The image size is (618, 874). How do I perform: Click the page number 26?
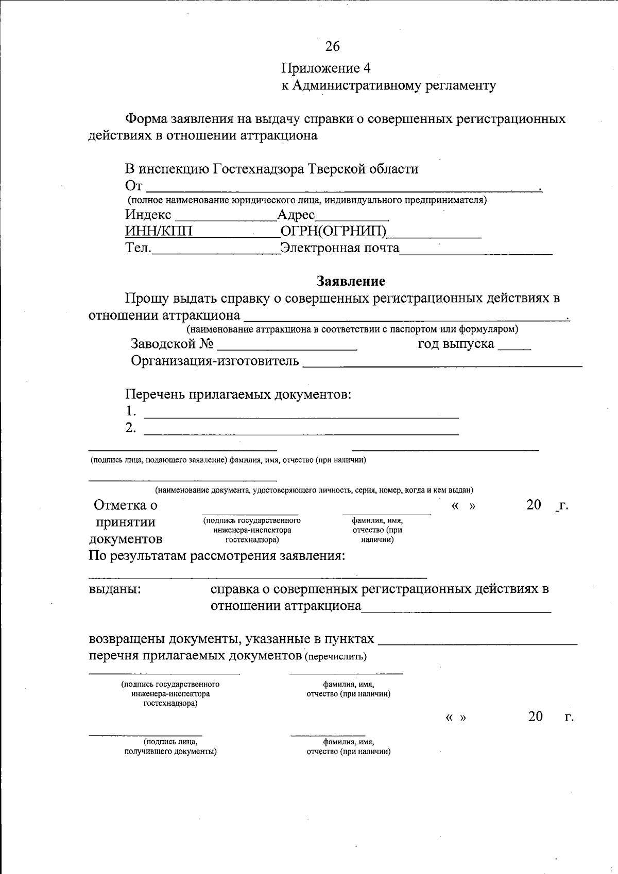tap(332, 46)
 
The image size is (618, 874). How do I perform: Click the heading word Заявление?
tap(351, 281)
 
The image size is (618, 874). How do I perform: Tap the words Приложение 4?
tap(325, 68)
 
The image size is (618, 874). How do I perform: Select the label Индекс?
tap(148, 215)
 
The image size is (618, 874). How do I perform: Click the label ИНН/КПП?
tap(159, 231)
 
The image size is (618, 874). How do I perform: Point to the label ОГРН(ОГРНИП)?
tap(333, 231)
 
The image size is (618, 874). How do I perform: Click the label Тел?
tap(139, 248)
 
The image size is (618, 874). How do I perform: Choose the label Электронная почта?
tap(340, 248)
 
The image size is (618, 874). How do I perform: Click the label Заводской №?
tap(172, 344)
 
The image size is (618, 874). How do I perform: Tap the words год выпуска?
tap(456, 344)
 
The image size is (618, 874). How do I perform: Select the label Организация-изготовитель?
tap(215, 361)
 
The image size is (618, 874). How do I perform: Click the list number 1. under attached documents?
tap(131, 411)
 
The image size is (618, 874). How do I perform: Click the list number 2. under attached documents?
tap(131, 428)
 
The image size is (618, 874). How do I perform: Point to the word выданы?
tap(115, 589)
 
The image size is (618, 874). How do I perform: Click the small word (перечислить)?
tap(336, 656)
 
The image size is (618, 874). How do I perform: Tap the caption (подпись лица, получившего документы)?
tap(170, 747)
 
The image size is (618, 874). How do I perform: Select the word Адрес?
tap(296, 215)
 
